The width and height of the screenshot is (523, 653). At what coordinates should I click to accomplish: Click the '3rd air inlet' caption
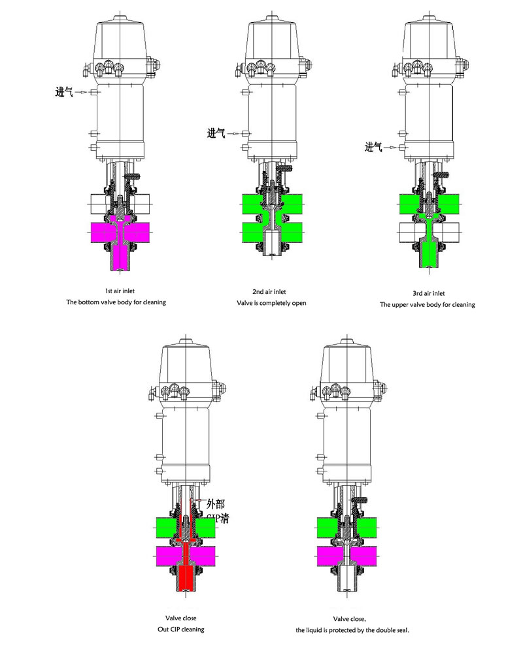pyautogui.click(x=427, y=293)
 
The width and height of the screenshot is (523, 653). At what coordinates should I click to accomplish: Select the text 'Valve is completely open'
pyautogui.click(x=271, y=303)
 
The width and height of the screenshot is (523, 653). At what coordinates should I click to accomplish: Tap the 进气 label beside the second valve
pyautogui.click(x=216, y=133)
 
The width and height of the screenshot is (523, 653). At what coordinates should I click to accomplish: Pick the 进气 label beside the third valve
pyautogui.click(x=373, y=147)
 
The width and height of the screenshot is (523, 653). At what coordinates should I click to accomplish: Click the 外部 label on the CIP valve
pyautogui.click(x=216, y=503)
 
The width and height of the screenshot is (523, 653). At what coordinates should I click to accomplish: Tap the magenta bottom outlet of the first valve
pyautogui.click(x=118, y=258)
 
